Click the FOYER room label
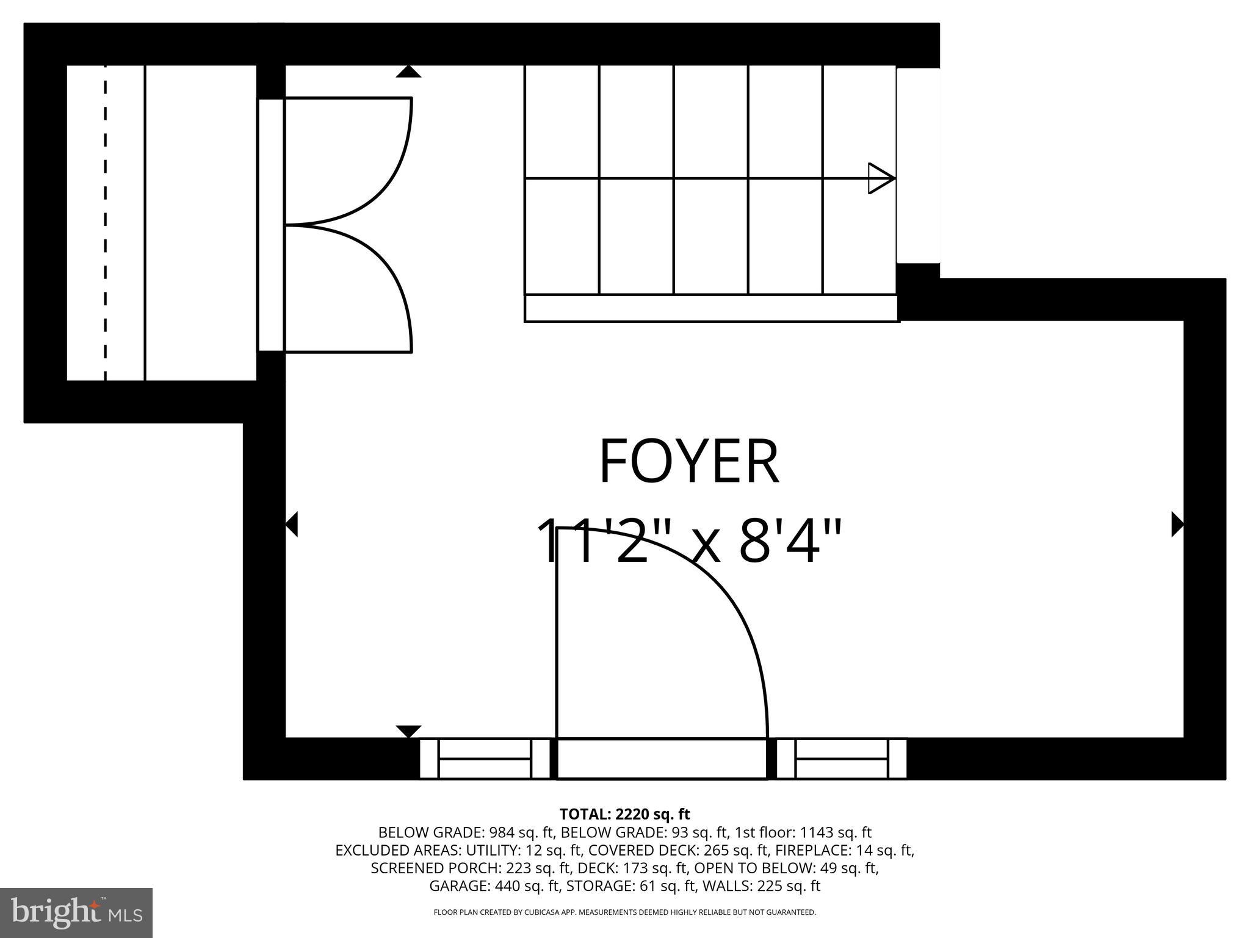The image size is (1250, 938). pos(689,462)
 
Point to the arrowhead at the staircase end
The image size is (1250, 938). pos(881,178)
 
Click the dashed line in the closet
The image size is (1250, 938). pos(106,223)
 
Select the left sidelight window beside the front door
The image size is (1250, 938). pos(485,758)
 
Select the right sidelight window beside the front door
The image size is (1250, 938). pos(841,758)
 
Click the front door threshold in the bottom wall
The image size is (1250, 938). pos(662,758)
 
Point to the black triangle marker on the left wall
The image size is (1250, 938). pos(292,524)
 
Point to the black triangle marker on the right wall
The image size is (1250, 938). pos(1177,524)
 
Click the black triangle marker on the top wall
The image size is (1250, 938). pos(408,71)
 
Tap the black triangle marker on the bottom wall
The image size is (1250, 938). pos(408,731)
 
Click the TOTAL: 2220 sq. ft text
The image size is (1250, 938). pos(624,814)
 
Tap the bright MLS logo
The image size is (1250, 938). pos(76,912)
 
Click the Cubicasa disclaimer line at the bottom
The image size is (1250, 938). pos(624,912)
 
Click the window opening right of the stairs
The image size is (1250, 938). pos(918,165)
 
